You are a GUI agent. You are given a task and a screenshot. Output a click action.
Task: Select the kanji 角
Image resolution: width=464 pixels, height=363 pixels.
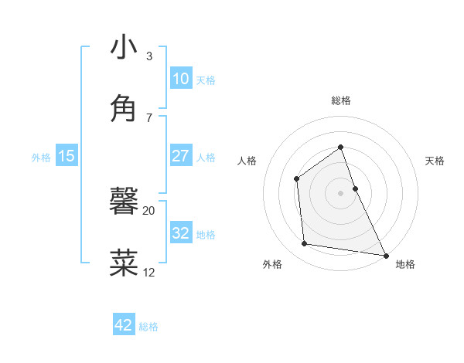click(124, 108)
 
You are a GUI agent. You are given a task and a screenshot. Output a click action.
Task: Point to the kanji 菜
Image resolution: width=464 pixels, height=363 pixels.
click(124, 263)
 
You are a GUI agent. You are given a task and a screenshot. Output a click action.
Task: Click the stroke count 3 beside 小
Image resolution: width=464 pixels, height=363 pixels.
click(148, 56)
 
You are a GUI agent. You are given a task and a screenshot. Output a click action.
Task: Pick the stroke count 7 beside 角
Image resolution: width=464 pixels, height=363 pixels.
click(148, 117)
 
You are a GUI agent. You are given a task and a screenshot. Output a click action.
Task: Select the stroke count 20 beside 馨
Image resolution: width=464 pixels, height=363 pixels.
click(148, 210)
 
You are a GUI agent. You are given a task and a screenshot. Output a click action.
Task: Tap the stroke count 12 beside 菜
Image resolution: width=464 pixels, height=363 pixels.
click(148, 272)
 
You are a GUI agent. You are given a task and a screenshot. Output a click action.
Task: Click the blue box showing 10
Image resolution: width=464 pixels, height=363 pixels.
click(180, 79)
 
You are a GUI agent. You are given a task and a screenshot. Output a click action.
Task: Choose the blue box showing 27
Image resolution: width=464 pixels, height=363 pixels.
click(180, 156)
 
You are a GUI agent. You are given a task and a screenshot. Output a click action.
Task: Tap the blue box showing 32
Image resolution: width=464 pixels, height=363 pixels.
click(180, 233)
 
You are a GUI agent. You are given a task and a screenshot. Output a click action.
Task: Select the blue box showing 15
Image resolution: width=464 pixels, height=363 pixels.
click(67, 156)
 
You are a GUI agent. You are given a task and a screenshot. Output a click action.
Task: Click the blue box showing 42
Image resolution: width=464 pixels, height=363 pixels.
click(124, 325)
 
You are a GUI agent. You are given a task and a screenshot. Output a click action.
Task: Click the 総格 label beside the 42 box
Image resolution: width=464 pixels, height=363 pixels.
click(148, 327)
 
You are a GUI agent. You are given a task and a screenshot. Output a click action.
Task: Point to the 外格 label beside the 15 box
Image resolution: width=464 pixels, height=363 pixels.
click(41, 157)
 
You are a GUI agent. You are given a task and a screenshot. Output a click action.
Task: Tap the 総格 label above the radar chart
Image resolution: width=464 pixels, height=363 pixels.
click(340, 100)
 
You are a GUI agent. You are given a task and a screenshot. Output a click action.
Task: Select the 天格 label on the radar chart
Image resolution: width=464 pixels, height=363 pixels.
click(435, 161)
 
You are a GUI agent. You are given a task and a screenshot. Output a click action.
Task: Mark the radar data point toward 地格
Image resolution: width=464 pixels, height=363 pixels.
click(385, 255)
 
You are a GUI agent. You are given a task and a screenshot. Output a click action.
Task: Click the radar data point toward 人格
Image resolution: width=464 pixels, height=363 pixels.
click(297, 179)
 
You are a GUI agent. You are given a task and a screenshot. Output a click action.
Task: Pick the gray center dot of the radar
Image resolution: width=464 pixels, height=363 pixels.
click(340, 193)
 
